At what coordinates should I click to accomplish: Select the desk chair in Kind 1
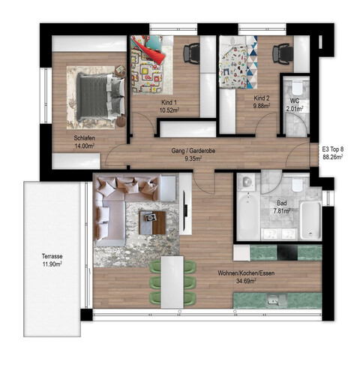191,53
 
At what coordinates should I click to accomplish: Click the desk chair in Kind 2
283,53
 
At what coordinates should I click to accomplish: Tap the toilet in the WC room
295,88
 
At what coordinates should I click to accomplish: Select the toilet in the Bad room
298,186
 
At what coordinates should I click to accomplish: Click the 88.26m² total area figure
332,158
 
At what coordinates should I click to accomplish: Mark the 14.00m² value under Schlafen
85,148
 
